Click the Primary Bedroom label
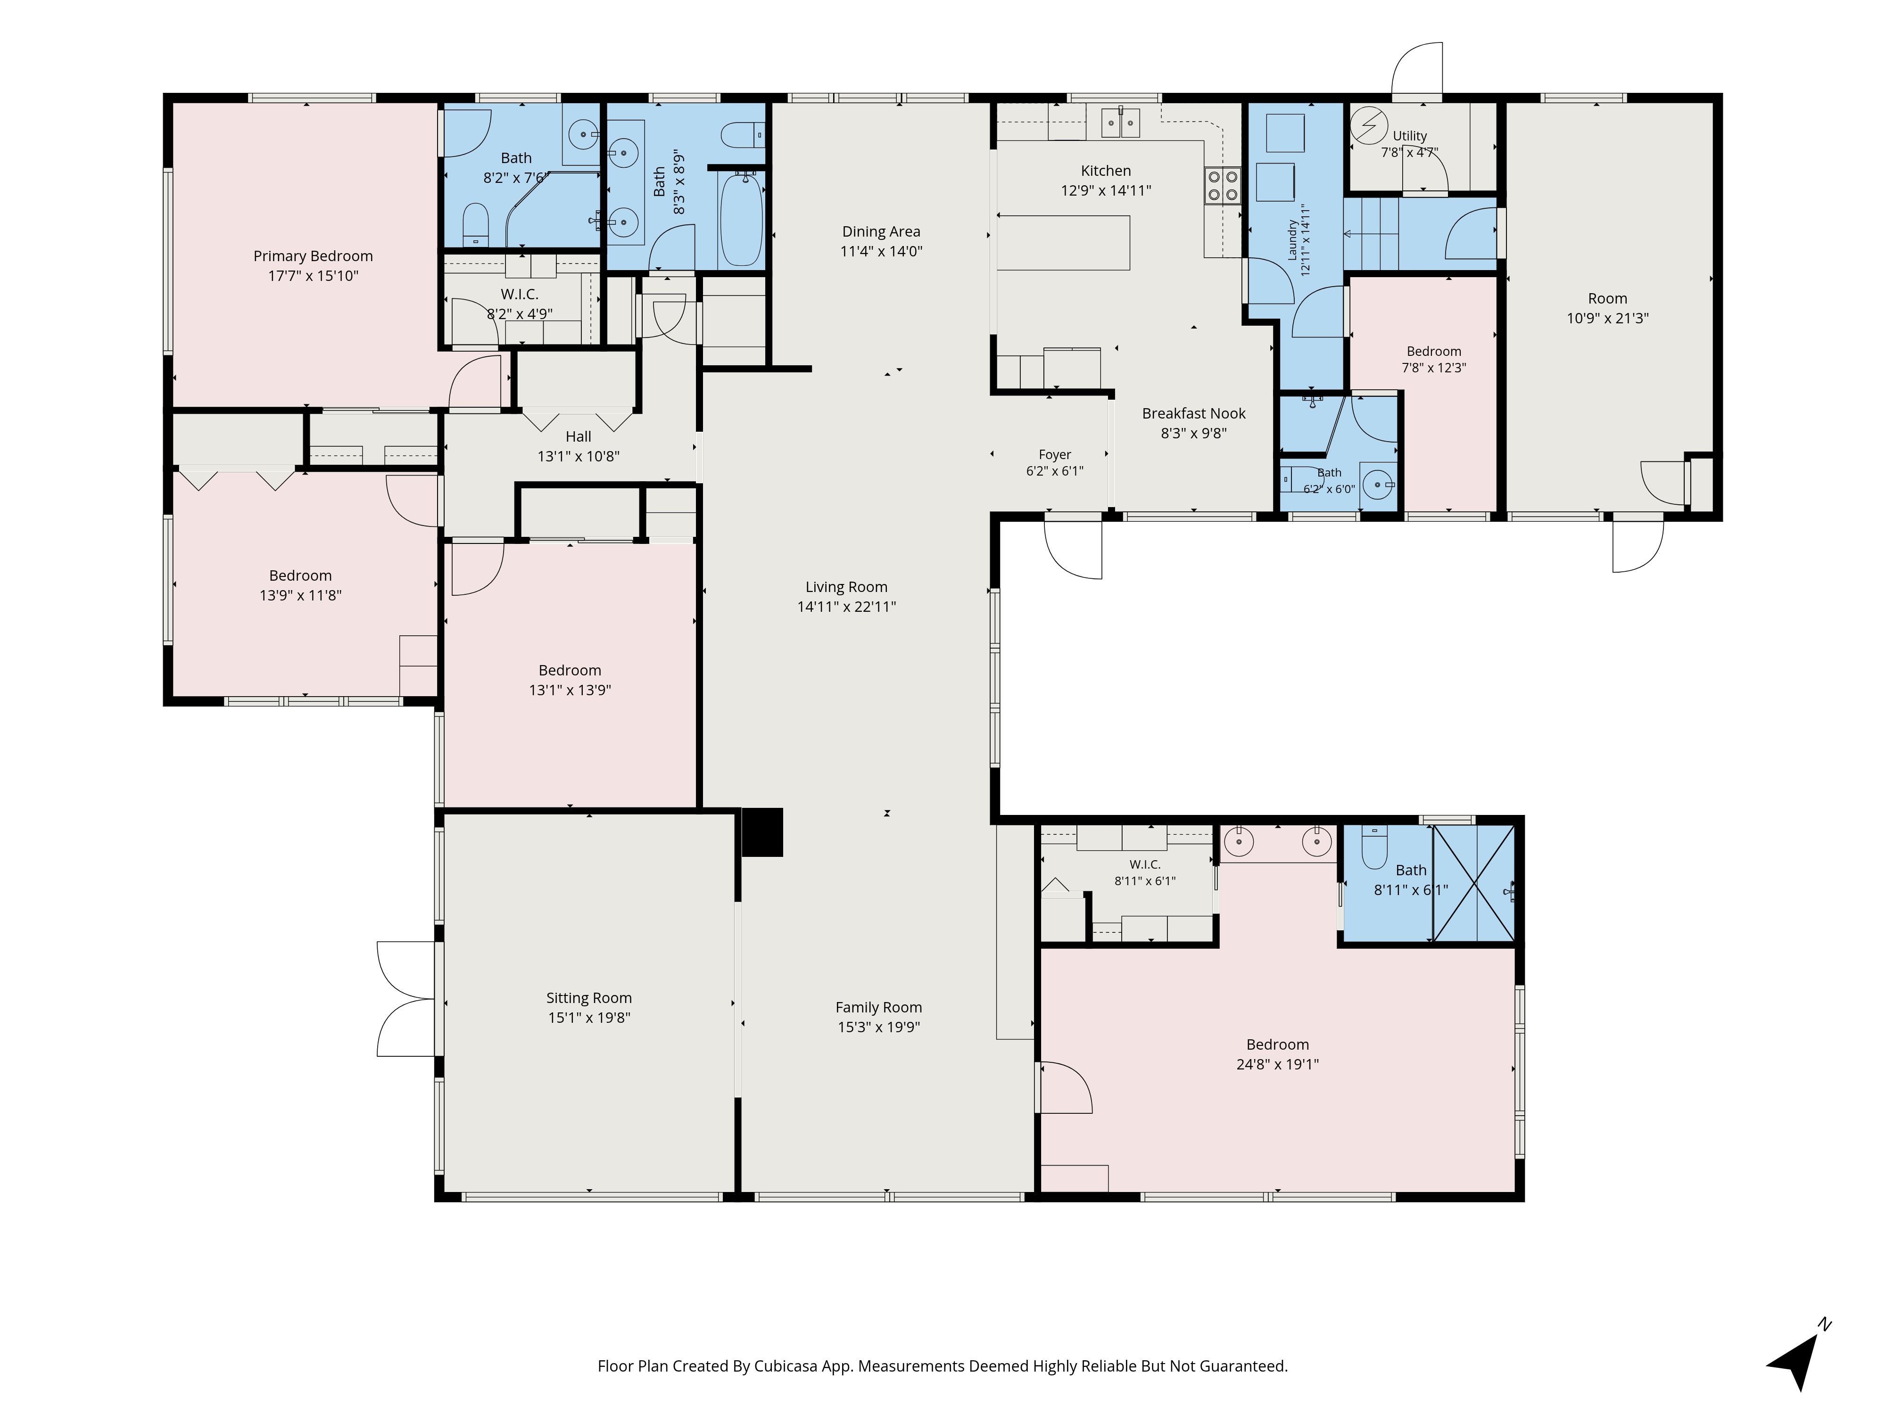(313, 255)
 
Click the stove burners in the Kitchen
(1222, 186)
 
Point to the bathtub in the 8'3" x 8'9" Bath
(741, 219)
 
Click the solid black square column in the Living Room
(762, 832)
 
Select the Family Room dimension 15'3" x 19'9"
(879, 1027)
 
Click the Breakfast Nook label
(1194, 413)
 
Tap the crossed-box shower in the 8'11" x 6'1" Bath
(1473, 883)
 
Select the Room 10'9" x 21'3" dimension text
(1608, 319)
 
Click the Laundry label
(1292, 240)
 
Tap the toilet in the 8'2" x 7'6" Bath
(475, 223)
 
